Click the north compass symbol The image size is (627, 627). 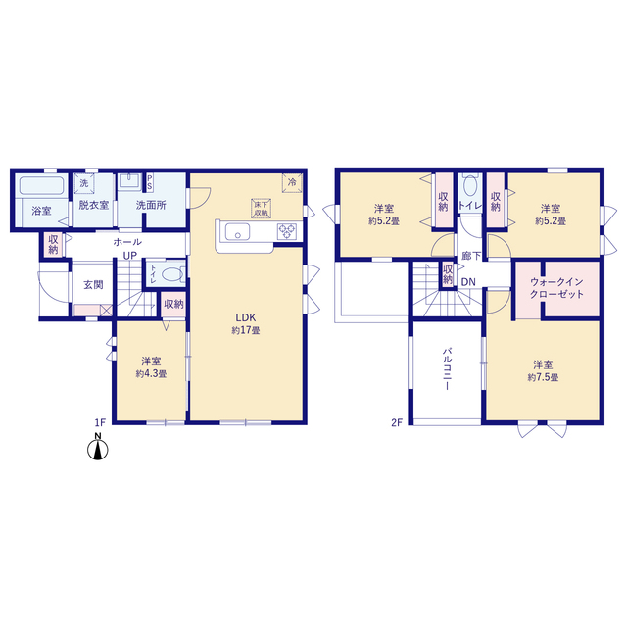[x=98, y=447]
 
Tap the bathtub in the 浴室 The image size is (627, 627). [x=41, y=186]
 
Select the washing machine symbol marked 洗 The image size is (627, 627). [x=84, y=183]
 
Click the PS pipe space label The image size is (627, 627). [x=150, y=182]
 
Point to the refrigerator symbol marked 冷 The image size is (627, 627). [x=292, y=183]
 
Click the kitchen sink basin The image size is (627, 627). [x=237, y=232]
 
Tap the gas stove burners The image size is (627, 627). [x=287, y=231]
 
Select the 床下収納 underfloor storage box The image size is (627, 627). [x=261, y=209]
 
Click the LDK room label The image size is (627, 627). [x=246, y=317]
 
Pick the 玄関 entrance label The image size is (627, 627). [x=93, y=285]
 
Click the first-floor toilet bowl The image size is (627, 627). [x=172, y=274]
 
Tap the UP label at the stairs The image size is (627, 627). [x=130, y=256]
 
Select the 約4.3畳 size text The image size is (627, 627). [x=151, y=374]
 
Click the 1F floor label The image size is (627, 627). [x=100, y=422]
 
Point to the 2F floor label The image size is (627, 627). [x=396, y=422]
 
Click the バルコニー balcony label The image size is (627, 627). [x=448, y=368]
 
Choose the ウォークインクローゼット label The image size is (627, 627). [x=556, y=288]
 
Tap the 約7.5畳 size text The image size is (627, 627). [x=543, y=377]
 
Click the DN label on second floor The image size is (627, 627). [x=468, y=282]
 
